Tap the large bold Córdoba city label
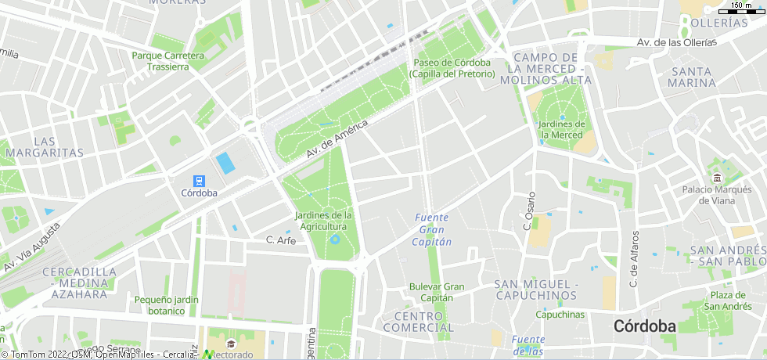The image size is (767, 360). (x=645, y=326)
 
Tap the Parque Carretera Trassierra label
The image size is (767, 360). (x=167, y=61)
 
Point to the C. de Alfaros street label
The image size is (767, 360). (x=634, y=258)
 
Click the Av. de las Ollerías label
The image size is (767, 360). (x=676, y=42)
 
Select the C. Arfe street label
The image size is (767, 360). (x=280, y=240)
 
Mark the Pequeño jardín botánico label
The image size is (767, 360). (x=165, y=305)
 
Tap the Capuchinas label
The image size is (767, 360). (x=560, y=315)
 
